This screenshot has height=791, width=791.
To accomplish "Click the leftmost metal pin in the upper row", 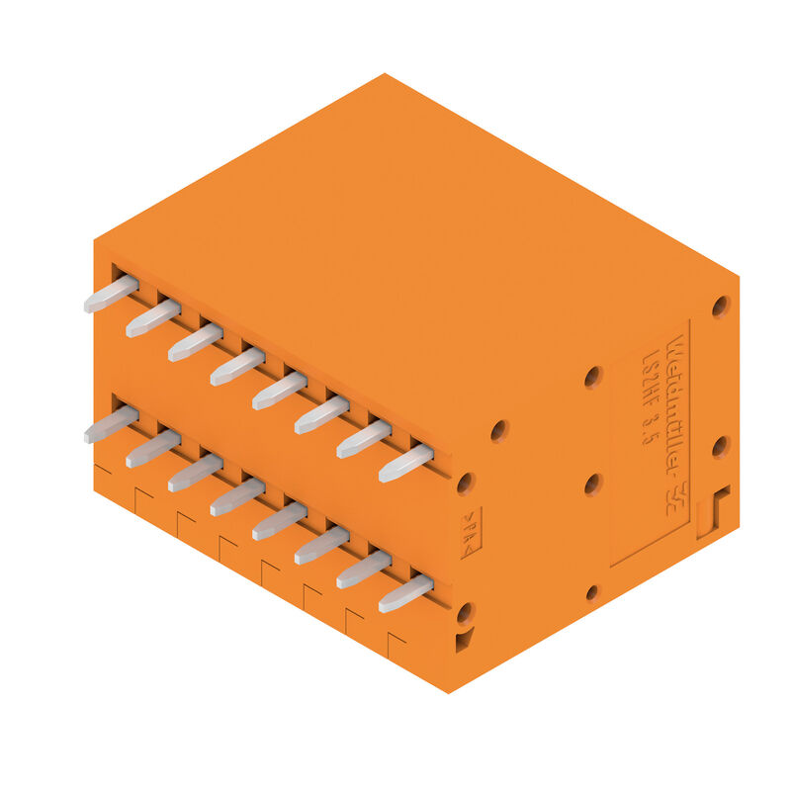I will (x=110, y=294).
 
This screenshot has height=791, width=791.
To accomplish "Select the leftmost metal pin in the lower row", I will (x=110, y=424).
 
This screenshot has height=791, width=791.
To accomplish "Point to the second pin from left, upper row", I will (x=152, y=318).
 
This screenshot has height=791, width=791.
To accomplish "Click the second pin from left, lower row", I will (x=152, y=448).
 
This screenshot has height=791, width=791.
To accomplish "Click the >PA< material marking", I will (x=468, y=534).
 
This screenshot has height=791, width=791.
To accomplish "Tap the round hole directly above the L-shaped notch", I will (x=721, y=447).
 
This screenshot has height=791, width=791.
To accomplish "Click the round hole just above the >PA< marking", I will (x=465, y=483).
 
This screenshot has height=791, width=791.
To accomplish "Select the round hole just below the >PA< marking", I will (x=465, y=612).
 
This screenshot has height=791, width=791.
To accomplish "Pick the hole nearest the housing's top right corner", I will (x=721, y=306).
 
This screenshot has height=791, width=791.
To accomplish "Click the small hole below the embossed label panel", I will (x=591, y=592).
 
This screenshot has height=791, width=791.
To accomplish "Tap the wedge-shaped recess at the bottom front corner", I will (x=464, y=642).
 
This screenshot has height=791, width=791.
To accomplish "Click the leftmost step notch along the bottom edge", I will (x=101, y=478).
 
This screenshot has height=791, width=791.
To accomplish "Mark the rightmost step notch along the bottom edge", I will (x=396, y=641).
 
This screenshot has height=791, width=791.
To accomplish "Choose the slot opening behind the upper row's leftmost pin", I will (x=120, y=273).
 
